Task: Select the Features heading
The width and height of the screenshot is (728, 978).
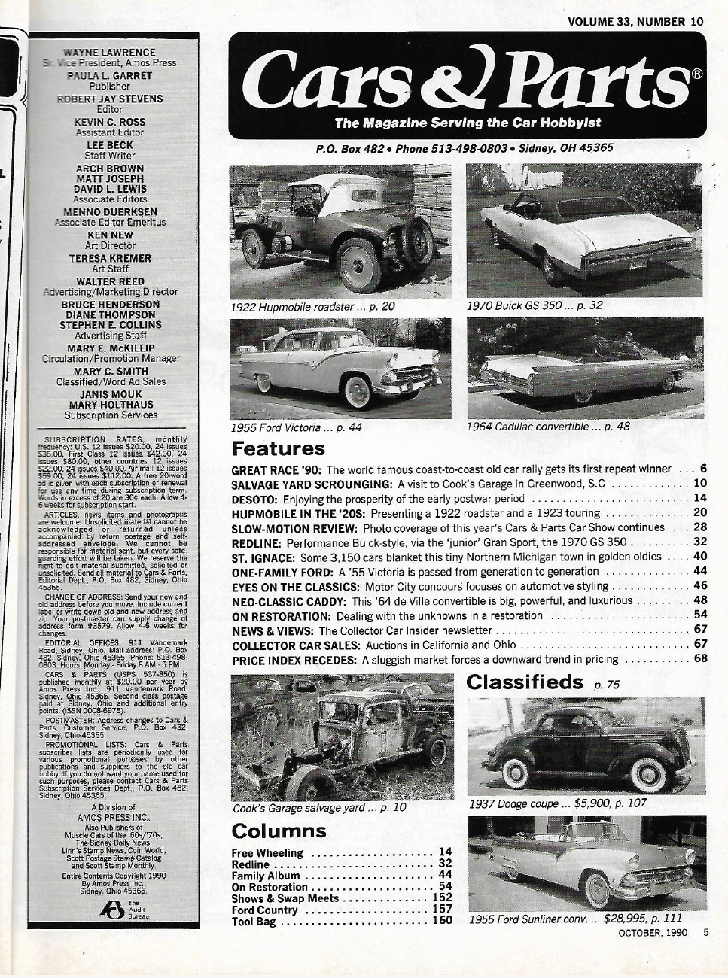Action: (x=278, y=450)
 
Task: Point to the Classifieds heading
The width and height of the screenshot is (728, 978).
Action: (x=525, y=682)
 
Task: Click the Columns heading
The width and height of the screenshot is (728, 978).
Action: (x=279, y=831)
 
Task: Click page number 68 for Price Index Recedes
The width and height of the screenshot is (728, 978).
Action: (x=700, y=659)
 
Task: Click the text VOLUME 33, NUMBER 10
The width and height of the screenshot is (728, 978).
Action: (x=636, y=21)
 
